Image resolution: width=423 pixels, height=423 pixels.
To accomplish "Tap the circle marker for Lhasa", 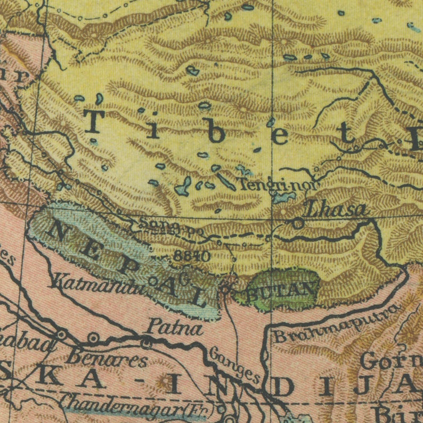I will pos(299,224).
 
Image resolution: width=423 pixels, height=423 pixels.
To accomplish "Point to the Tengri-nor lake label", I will pos(278,185).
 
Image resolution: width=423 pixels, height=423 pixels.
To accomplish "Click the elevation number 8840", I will pos(192,256).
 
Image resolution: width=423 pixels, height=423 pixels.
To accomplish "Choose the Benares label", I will pos(106,359).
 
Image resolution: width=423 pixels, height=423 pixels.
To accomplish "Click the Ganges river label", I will pos(234,365).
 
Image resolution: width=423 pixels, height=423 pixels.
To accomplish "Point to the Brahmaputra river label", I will pos(337,324).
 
